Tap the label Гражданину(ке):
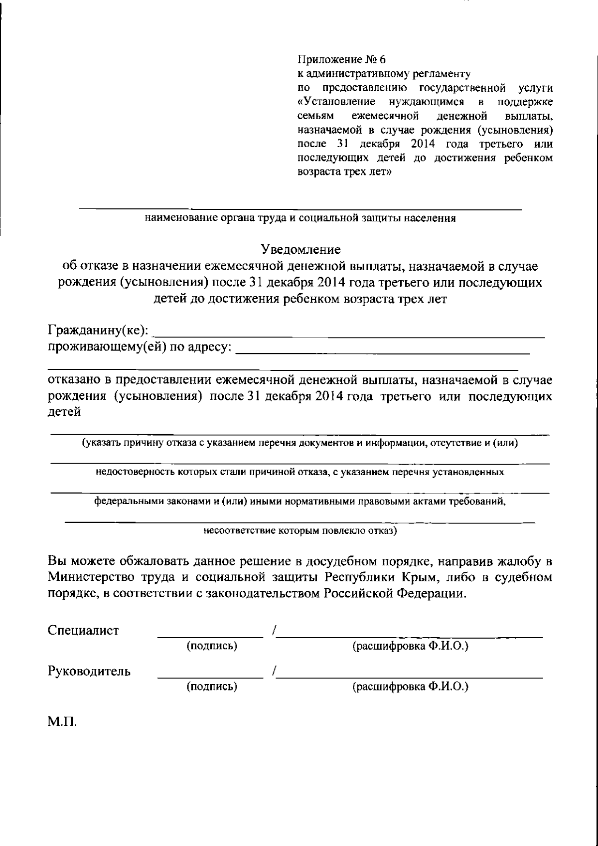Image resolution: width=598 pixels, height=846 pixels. [x=98, y=331]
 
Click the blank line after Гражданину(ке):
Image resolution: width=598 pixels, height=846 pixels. [x=349, y=335]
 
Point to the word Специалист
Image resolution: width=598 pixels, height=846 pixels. [x=83, y=631]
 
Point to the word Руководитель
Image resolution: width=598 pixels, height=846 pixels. [x=89, y=671]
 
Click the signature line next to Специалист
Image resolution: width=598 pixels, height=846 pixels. [x=210, y=635]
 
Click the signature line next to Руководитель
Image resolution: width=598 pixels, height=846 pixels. [x=210, y=676]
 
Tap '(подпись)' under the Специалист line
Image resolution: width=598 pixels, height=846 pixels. [x=211, y=646]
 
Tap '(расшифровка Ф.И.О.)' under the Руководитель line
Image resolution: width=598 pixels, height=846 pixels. [x=410, y=686]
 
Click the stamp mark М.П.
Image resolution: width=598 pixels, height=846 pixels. [x=62, y=722]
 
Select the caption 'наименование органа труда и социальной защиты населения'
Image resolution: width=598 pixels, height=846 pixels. [x=300, y=218]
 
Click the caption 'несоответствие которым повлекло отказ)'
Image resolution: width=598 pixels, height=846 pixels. [x=300, y=530]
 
